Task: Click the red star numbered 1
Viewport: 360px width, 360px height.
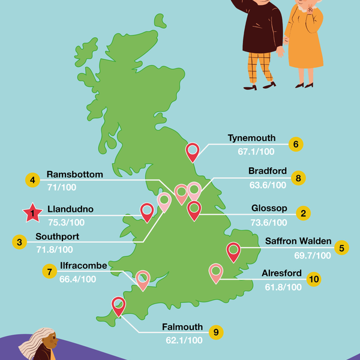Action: pos(29,212)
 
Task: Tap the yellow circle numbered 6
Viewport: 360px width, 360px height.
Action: pos(295,145)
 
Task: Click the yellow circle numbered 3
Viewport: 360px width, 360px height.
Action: pos(20,242)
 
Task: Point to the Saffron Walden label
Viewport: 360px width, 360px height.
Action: pos(298,242)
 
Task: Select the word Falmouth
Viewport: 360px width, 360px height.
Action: pos(182,328)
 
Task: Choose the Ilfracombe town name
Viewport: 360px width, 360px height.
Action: pos(83,266)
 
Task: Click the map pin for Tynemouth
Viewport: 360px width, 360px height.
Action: pos(193,151)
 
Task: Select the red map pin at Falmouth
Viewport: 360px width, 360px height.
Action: pos(118,306)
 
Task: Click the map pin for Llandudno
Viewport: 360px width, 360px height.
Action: pos(146,211)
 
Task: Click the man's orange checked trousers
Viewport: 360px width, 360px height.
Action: pos(259,67)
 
